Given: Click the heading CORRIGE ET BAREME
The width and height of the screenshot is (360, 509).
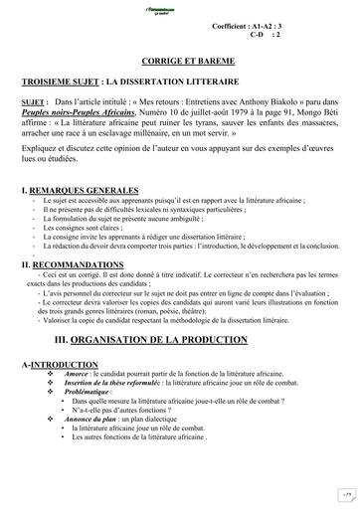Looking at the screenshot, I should point(179,61).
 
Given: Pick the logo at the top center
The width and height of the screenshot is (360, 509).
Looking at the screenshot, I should point(179,7).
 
